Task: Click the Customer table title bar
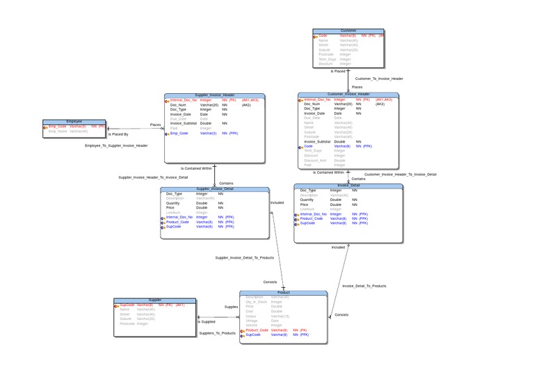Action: [348, 31]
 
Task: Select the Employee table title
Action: [74, 122]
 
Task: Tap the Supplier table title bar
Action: [155, 300]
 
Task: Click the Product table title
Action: [283, 293]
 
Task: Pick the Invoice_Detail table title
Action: [348, 186]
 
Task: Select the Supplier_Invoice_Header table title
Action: [214, 95]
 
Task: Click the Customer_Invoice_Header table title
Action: [348, 95]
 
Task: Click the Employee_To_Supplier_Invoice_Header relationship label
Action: [116, 145]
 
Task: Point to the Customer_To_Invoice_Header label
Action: [379, 79]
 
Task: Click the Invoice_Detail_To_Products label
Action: [364, 285]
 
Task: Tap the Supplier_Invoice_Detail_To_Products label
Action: [244, 257]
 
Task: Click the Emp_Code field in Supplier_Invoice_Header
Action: [179, 133]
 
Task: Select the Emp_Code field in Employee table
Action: [58, 127]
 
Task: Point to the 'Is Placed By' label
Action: [118, 134]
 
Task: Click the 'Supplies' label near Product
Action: [231, 307]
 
